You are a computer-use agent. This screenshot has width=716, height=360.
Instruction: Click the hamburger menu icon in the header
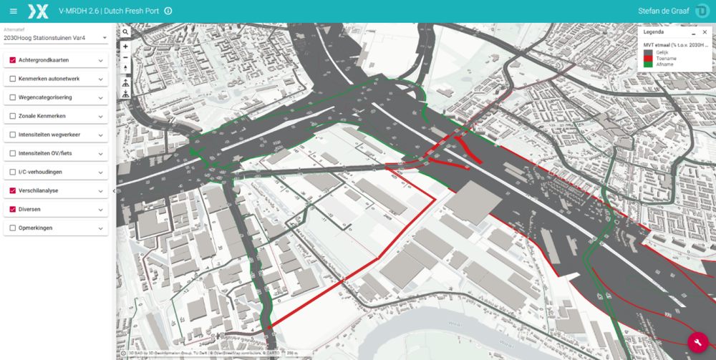coord(13,11)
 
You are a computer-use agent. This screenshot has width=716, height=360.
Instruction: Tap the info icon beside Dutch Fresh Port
coord(168,11)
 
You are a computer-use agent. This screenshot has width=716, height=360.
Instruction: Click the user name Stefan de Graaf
coord(665,11)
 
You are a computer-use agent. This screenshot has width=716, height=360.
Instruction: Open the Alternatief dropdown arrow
coord(104,37)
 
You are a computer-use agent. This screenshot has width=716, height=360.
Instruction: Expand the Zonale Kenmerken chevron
coord(100,116)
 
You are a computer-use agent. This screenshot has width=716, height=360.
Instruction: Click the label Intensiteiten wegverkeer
coord(49,135)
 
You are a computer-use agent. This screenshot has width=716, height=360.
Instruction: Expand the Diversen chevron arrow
coord(100,209)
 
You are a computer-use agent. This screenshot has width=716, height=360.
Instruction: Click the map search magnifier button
coord(125,32)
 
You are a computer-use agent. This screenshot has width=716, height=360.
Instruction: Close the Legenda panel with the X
coord(704,33)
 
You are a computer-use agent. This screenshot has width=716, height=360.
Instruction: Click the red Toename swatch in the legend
coord(647,58)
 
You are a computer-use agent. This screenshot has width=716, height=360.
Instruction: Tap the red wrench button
coord(697,343)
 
